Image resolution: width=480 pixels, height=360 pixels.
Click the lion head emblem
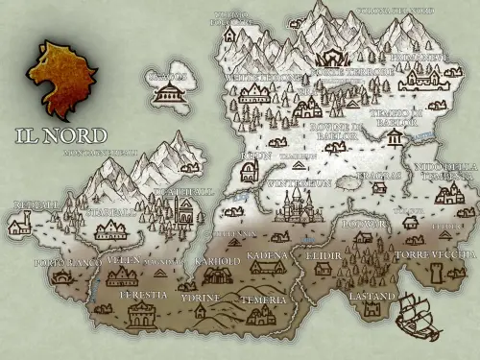click(x=62, y=77)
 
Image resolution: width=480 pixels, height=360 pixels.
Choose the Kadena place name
click(x=267, y=256)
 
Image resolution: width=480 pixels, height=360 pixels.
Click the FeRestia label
click(x=143, y=296)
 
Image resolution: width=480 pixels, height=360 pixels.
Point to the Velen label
click(x=123, y=260)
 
